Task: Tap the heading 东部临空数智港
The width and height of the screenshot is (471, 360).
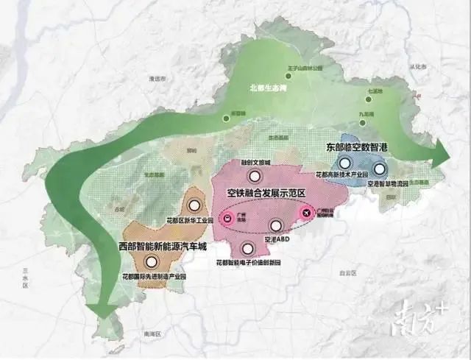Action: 358,147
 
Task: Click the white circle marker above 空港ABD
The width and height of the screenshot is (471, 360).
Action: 277,227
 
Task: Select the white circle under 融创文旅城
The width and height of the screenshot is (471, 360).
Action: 255,176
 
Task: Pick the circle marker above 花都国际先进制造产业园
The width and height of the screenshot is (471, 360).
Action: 152,261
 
